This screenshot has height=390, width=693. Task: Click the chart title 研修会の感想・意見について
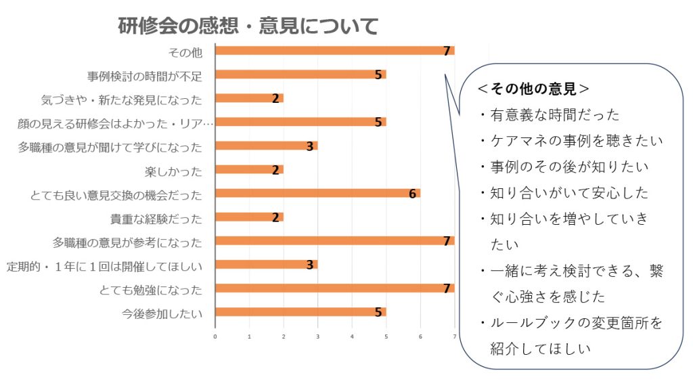[x=248, y=26]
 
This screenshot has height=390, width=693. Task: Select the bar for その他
[x=334, y=51]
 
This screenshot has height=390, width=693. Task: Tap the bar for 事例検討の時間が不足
[x=300, y=74]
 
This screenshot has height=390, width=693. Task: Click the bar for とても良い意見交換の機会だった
[x=317, y=194]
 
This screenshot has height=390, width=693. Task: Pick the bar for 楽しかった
[x=249, y=169]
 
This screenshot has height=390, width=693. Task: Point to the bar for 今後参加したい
[x=300, y=312]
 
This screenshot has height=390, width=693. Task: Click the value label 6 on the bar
[x=412, y=194]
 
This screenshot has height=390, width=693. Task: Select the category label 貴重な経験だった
[x=156, y=218]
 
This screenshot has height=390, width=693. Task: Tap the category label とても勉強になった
[x=150, y=290]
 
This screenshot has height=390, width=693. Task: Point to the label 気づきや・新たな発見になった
[x=122, y=99]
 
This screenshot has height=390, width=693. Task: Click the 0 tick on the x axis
[x=215, y=336]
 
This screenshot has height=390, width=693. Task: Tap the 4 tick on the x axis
[x=352, y=336]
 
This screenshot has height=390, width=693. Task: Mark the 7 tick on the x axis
[x=455, y=336]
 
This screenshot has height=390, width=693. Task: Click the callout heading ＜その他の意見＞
[x=533, y=89]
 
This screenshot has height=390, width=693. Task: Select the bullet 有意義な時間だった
[x=554, y=115]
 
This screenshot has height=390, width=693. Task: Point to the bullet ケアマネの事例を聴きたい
[x=576, y=141]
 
